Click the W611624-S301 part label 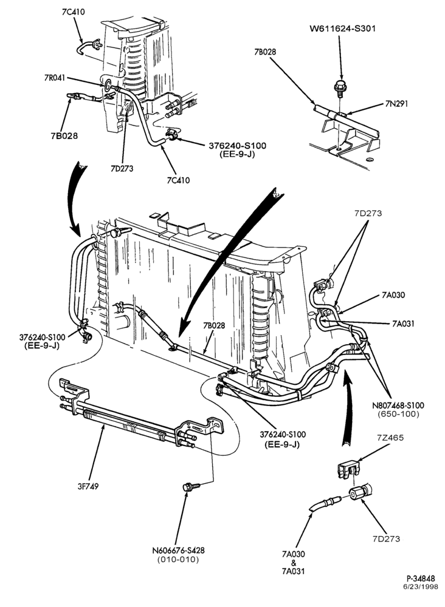[342, 29]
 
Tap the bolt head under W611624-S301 [340, 87]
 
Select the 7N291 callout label [396, 104]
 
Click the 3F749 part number [88, 486]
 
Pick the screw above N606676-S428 [191, 486]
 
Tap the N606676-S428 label [178, 550]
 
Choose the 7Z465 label [390, 438]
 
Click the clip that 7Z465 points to [348, 470]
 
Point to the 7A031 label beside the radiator [402, 324]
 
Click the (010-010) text [178, 559]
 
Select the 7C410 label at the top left [74, 12]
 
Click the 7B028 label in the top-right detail [265, 52]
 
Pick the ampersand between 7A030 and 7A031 [294, 563]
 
